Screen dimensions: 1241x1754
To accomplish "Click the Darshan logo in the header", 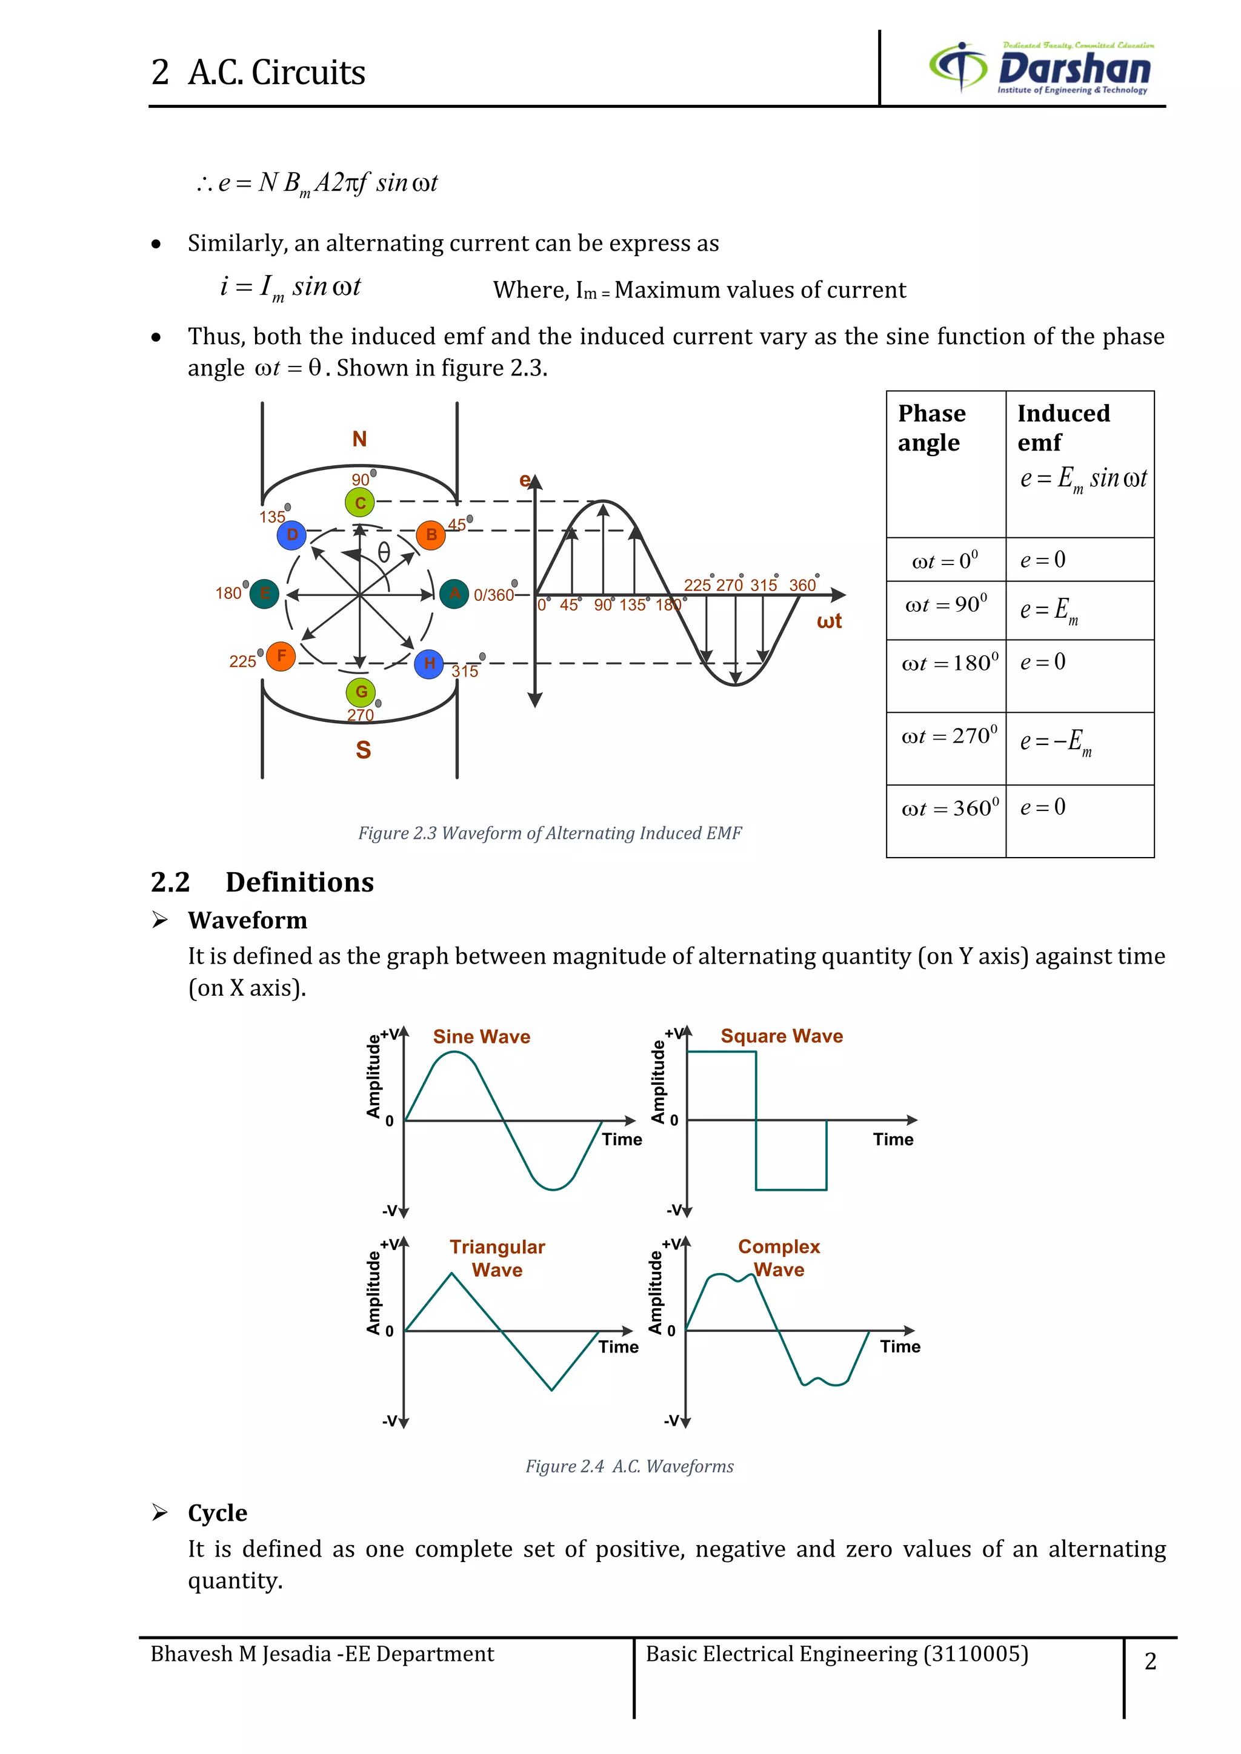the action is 1041,68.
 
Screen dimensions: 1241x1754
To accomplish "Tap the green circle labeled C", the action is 360,503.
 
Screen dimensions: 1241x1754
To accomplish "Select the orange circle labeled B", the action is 431,535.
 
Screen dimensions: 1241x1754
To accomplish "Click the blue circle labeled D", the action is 292,535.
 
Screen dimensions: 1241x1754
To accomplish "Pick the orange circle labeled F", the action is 281,655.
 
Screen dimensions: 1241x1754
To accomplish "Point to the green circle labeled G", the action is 361,692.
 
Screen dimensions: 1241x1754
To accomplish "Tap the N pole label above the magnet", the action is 359,438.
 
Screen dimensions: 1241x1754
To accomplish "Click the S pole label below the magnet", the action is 363,750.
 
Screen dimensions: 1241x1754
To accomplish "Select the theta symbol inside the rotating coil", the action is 384,552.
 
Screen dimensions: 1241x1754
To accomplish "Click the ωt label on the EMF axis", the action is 829,621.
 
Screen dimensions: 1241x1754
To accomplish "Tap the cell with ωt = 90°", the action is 946,605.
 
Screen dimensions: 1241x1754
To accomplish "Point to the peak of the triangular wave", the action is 451,1272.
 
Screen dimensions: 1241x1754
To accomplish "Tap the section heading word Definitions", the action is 299,882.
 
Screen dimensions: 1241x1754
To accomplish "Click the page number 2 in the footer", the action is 1150,1661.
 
